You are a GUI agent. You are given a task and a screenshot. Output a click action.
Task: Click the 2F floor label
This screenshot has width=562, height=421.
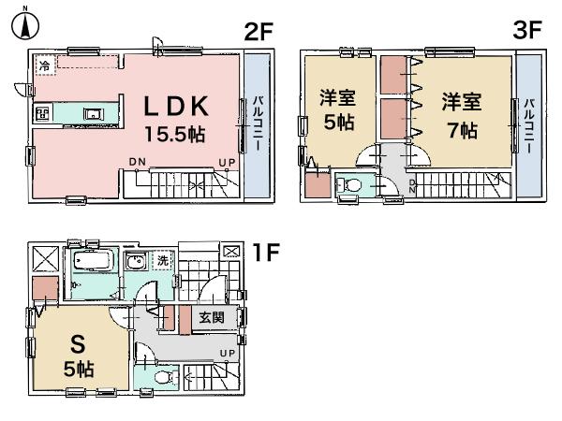click(259, 31)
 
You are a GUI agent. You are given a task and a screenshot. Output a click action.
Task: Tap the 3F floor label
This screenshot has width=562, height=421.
click(528, 30)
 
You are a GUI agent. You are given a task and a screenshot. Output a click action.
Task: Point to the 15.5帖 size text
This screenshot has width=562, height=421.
click(174, 134)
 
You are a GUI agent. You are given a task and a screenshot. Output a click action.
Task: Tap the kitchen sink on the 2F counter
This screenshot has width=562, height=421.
click(92, 115)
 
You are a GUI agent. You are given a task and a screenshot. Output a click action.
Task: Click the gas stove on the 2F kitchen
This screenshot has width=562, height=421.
click(42, 115)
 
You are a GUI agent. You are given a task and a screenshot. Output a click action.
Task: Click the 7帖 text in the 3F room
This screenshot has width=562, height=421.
click(461, 130)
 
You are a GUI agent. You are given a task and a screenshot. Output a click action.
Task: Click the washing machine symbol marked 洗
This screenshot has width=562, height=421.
click(162, 262)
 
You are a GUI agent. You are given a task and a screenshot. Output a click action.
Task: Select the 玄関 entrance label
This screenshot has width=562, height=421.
click(211, 318)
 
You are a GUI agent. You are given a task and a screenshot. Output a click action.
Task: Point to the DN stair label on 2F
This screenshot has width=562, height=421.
click(138, 162)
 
